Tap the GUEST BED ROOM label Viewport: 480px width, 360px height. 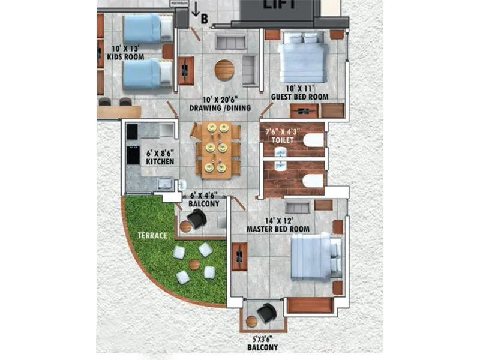(299, 97)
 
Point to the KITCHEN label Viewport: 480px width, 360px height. (160, 162)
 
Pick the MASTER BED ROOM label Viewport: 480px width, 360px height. (278, 229)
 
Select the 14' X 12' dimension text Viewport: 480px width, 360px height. (278, 221)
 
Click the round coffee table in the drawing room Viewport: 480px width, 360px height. (225, 70)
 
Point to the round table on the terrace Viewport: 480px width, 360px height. (194, 265)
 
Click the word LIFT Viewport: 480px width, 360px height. (277, 4)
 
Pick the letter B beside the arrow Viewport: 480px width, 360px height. (205, 19)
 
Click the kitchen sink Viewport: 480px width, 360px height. (163, 183)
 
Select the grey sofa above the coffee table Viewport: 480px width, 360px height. (230, 42)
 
